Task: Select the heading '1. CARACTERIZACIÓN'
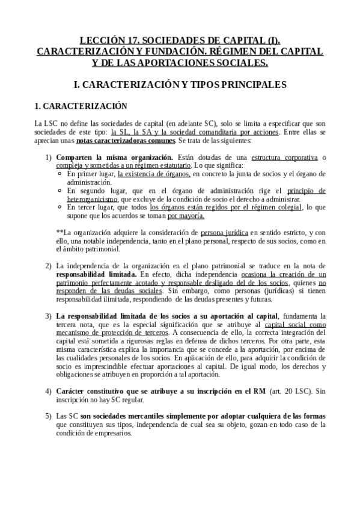coord(81,106)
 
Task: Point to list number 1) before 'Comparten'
coord(49,158)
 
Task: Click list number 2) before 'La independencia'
coord(49,265)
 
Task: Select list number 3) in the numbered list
coord(49,316)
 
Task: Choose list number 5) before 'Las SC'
coord(49,416)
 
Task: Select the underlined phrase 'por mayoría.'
coord(186,215)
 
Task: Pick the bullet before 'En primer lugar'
coord(60,174)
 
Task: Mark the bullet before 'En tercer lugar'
coord(60,207)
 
